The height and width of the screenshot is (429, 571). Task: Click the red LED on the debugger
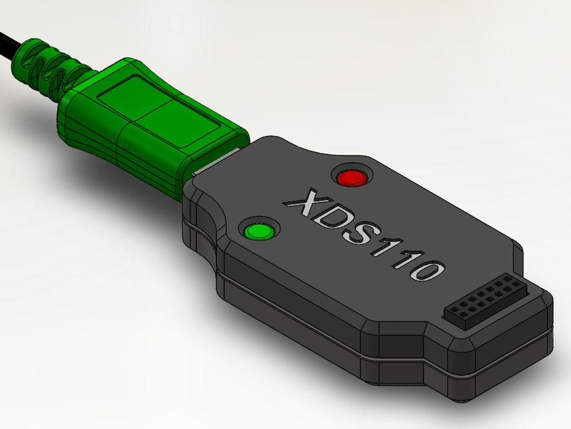click(x=351, y=178)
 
